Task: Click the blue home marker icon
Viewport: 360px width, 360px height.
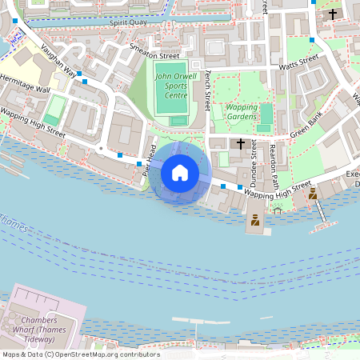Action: point(180,173)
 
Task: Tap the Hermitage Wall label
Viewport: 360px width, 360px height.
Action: point(25,86)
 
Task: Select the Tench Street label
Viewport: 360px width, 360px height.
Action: point(208,90)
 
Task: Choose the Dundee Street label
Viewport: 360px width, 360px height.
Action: point(254,161)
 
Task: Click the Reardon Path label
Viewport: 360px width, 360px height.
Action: point(274,164)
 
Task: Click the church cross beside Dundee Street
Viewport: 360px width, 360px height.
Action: point(240,143)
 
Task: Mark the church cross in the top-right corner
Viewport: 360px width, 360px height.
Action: point(333,14)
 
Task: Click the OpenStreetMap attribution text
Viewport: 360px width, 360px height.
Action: point(80,354)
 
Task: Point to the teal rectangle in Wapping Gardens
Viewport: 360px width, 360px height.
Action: point(265,117)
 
